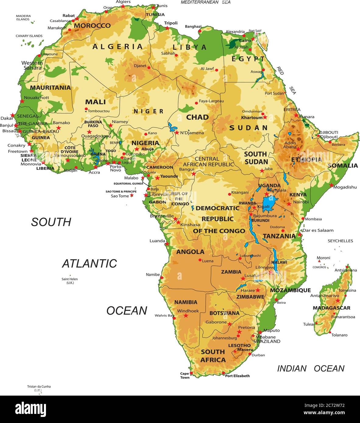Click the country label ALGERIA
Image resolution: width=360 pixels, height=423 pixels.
[x=118, y=47]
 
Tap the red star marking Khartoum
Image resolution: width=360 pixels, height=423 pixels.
[x=265, y=117]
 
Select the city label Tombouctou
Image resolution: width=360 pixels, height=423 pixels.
[x=99, y=111]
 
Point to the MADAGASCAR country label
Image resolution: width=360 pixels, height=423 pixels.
[x=332, y=308]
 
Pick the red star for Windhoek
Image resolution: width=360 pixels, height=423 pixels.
[x=186, y=316]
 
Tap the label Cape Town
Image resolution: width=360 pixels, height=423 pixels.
[x=185, y=376]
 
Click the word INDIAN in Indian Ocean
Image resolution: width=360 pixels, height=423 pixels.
[x=291, y=369]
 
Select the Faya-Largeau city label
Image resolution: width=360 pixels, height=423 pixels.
[x=211, y=101]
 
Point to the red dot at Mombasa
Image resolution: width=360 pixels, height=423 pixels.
[x=303, y=218]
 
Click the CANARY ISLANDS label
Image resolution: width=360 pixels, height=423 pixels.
[x=29, y=36]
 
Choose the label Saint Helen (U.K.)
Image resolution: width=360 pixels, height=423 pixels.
[x=70, y=281]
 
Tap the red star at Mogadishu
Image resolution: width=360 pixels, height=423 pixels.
[x=331, y=185]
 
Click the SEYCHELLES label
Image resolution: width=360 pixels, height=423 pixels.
[x=340, y=241]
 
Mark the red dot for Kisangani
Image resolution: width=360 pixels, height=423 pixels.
[x=229, y=194]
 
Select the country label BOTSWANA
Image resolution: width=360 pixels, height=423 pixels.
[x=224, y=313]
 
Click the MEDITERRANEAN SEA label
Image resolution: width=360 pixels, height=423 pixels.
[x=206, y=2]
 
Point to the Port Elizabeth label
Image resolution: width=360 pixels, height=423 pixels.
[x=237, y=376]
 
